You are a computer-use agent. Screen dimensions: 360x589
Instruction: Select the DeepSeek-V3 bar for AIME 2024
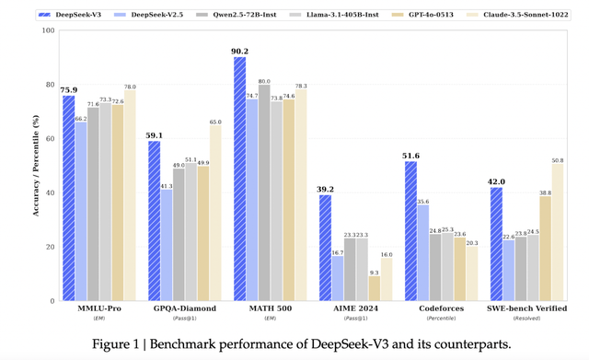[325, 248]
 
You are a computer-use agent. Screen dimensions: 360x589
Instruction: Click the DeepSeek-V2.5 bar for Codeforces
[422, 252]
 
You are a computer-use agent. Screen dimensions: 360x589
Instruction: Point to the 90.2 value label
[239, 52]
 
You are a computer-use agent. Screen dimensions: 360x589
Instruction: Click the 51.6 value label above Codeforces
[410, 156]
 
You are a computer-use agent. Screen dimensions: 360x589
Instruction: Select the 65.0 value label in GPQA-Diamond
[215, 122]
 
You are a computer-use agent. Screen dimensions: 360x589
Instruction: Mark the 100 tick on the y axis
[46, 30]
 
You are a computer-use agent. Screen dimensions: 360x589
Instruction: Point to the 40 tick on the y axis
[49, 192]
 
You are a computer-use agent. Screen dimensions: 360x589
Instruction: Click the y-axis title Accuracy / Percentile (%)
[34, 166]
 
